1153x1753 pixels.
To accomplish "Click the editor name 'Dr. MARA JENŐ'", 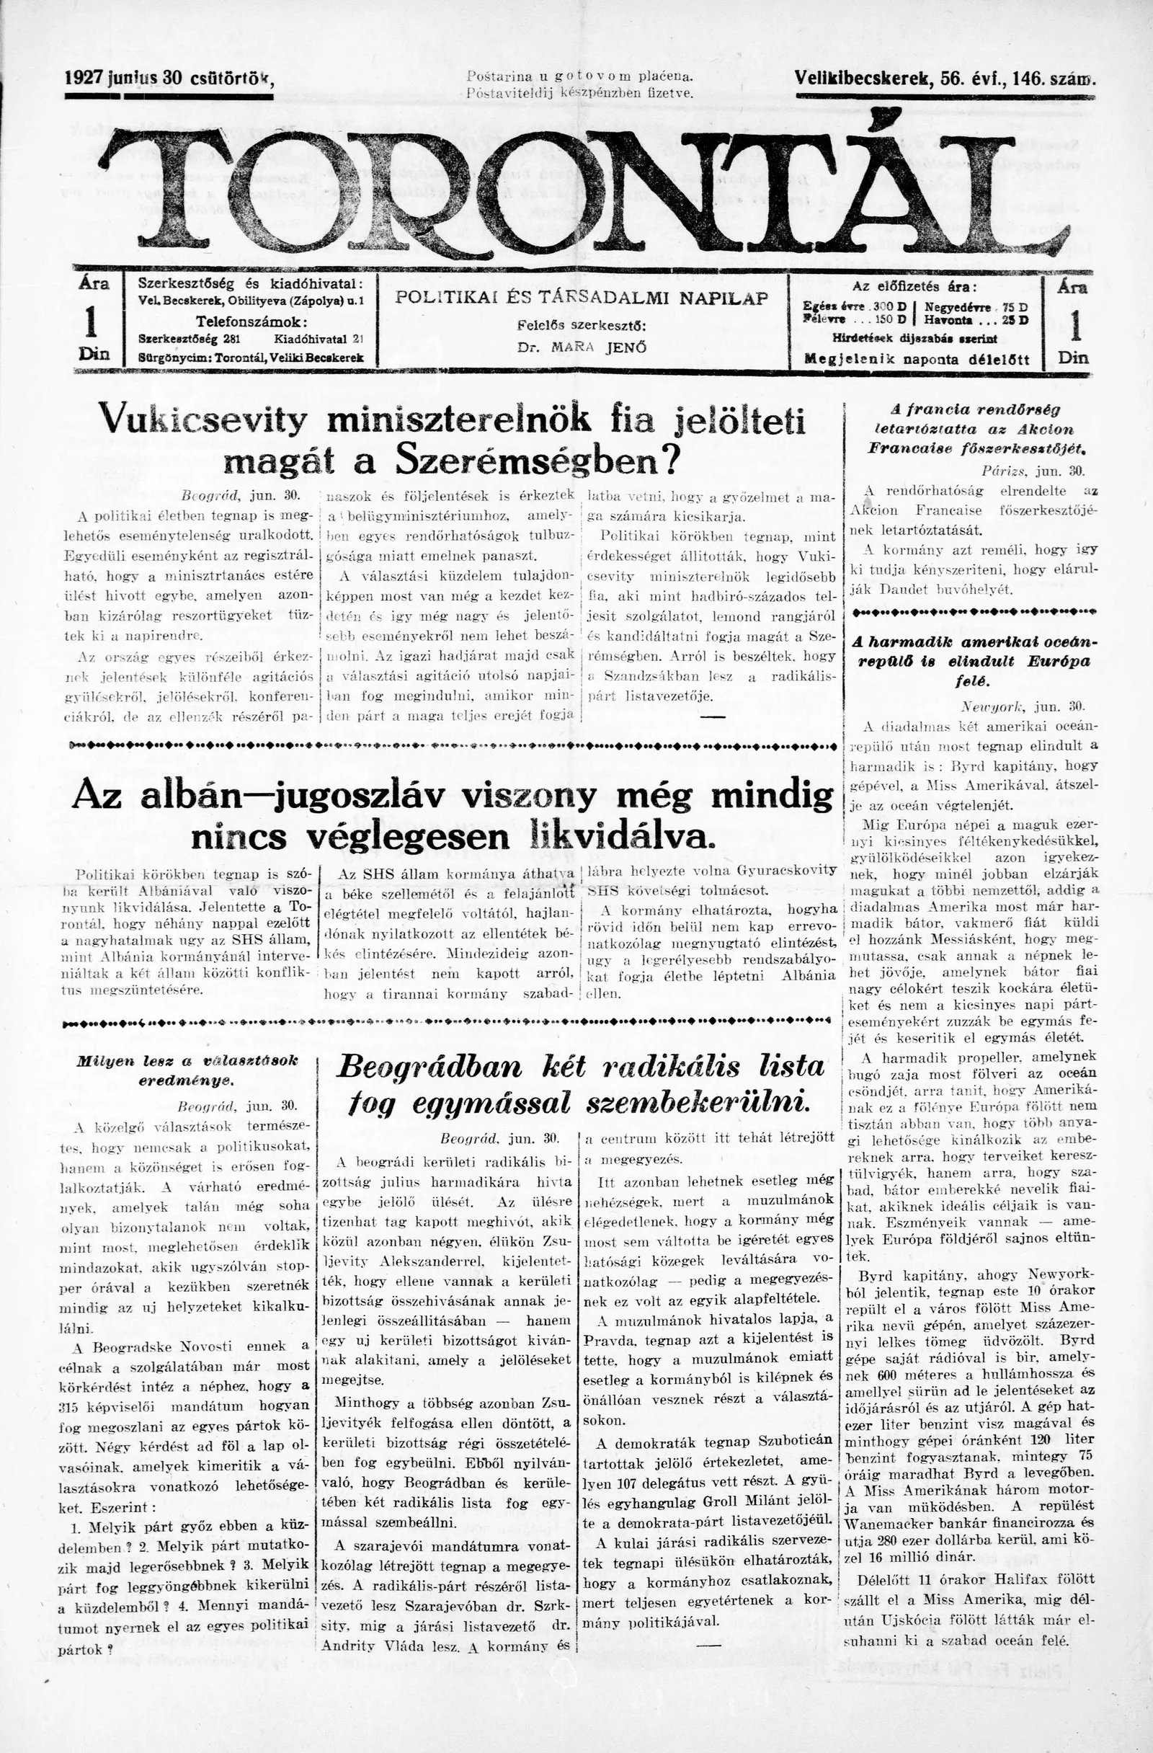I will coord(582,347).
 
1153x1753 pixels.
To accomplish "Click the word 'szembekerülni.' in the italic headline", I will coord(700,1103).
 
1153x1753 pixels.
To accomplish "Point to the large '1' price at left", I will coord(93,321).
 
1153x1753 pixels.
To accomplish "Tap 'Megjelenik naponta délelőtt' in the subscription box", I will coord(916,360).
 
